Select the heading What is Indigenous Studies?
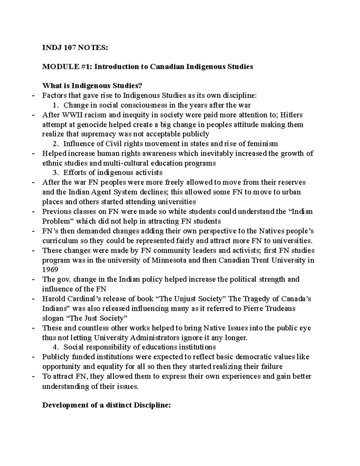92,86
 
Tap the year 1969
50,269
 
